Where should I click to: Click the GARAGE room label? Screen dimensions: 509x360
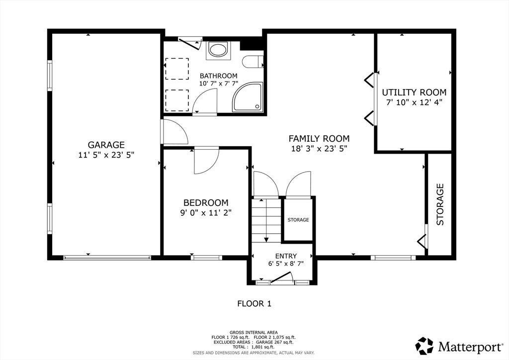pos(106,145)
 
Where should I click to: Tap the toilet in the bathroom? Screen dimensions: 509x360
pos(253,61)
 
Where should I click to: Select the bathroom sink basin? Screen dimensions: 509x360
pos(218,50)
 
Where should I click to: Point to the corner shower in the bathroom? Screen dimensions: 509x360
pos(248,97)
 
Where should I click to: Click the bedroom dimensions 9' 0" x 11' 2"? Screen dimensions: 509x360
pos(206,213)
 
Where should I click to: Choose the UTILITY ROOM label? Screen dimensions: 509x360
pos(414,92)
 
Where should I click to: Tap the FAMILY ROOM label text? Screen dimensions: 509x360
pos(319,139)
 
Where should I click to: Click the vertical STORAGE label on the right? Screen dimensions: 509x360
pos(440,204)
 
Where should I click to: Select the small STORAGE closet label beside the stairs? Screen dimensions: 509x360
pos(298,220)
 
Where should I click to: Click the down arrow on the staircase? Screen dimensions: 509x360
pos(266,220)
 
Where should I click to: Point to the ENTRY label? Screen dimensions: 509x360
pos(286,256)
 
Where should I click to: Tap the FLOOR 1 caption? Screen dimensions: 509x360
pos(254,304)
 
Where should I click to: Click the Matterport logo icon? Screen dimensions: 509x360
pos(424,346)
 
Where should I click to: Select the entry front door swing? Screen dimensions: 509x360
pos(282,277)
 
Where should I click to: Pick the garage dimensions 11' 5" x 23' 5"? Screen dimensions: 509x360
pos(106,155)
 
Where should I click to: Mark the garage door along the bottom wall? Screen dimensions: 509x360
pos(107,258)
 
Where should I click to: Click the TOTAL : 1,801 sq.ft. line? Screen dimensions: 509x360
pos(254,347)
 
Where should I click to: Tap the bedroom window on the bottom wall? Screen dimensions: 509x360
pos(206,258)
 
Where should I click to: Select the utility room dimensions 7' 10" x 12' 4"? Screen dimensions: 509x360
pos(414,102)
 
